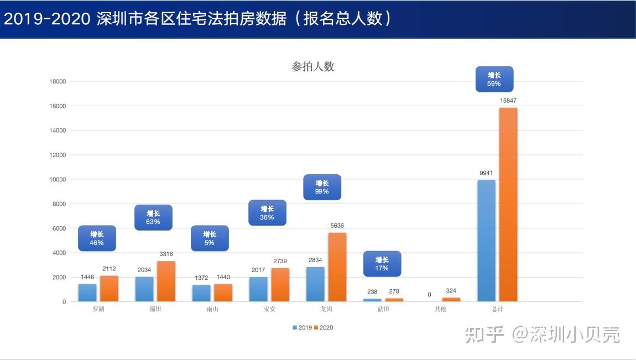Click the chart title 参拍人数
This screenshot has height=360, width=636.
(x=313, y=67)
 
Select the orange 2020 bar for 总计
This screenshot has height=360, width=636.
(x=508, y=205)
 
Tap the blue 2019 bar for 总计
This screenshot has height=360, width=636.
(x=486, y=241)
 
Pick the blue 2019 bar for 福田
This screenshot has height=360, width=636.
(x=144, y=289)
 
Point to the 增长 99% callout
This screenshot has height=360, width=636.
(x=322, y=187)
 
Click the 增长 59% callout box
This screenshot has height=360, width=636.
(x=494, y=79)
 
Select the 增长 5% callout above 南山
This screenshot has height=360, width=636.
(x=209, y=238)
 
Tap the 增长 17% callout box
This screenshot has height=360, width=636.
(x=382, y=264)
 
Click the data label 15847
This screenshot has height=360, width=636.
(x=508, y=101)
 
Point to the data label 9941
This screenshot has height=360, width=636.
(x=486, y=173)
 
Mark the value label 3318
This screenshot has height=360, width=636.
(x=166, y=254)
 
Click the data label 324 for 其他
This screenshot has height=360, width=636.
(x=451, y=291)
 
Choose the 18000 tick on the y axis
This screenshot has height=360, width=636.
(x=58, y=82)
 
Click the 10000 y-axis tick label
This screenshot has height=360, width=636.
(x=58, y=180)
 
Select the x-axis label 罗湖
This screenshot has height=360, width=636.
(x=98, y=309)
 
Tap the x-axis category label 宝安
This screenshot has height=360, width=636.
(x=269, y=309)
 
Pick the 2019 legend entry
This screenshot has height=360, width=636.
(x=302, y=327)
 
